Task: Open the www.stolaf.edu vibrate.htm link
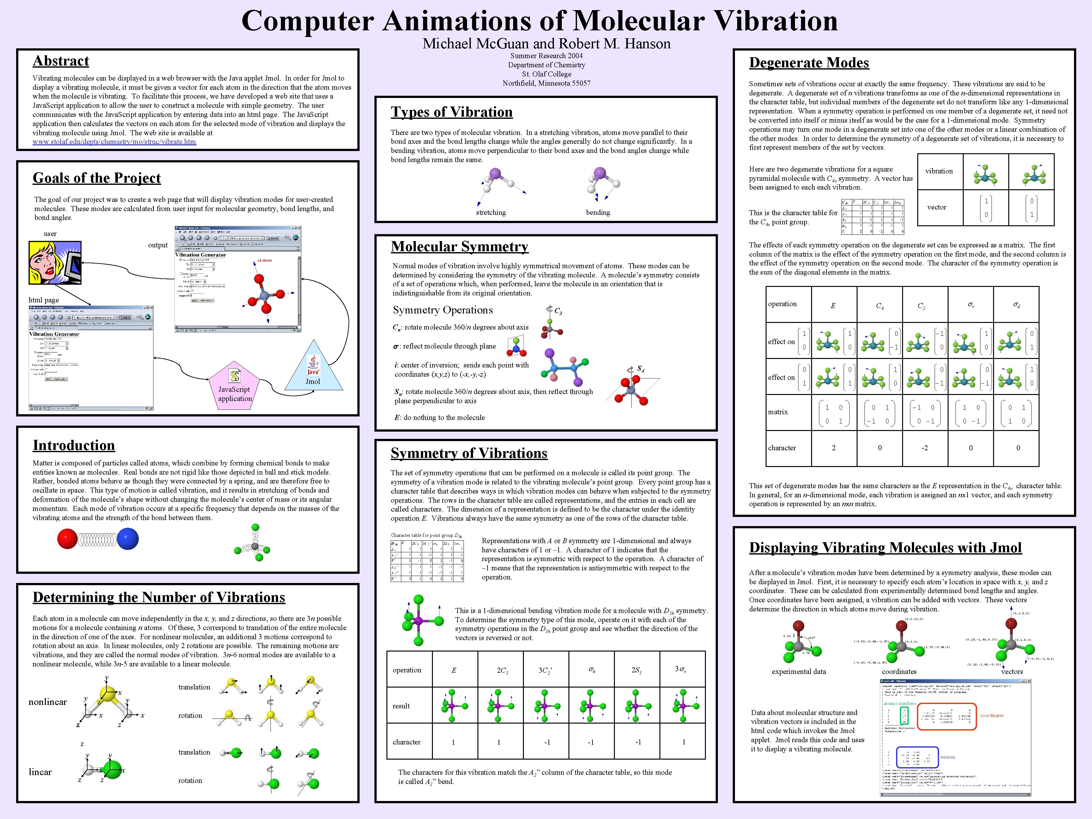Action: tap(114, 142)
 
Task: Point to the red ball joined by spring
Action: tap(67, 539)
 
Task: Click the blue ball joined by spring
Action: tap(128, 539)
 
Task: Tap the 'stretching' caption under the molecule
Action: tap(491, 212)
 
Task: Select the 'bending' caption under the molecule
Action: tap(598, 212)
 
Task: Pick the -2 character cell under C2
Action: tap(924, 448)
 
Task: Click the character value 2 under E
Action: tap(834, 448)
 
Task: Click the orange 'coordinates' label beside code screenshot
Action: tap(992, 715)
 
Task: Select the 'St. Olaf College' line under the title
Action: tap(547, 74)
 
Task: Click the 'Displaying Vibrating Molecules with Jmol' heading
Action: tap(885, 548)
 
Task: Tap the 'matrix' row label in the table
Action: tap(778, 412)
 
